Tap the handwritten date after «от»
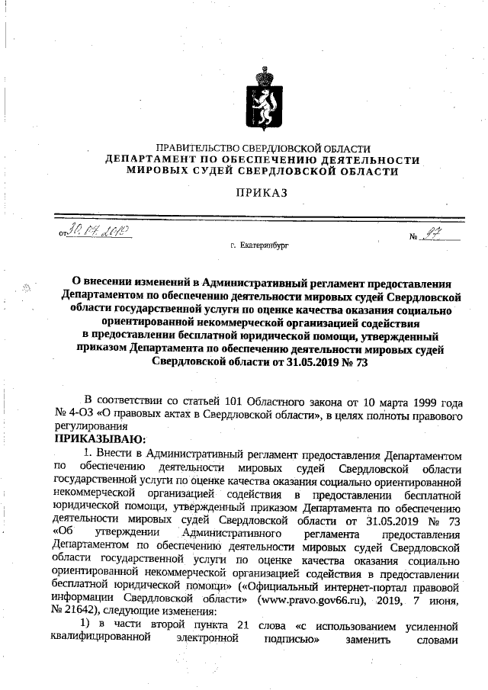[99, 230]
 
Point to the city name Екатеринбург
[264, 246]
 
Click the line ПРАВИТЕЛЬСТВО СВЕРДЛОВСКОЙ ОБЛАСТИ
[263, 148]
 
